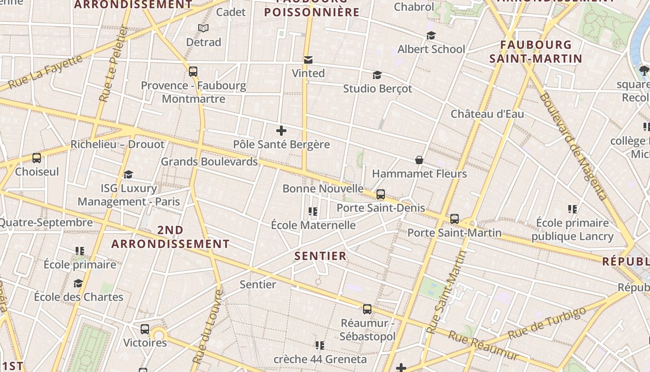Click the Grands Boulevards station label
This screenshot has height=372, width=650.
209,162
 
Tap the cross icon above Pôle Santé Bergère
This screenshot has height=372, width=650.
281,131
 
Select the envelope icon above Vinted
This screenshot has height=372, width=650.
308,60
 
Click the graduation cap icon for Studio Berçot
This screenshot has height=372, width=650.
377,75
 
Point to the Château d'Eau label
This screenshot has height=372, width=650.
487,114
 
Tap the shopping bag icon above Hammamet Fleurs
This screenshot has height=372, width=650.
419,160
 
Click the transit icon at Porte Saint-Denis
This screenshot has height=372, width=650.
381,194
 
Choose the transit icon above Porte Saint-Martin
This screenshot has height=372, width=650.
455,219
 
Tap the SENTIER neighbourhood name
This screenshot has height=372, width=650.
320,256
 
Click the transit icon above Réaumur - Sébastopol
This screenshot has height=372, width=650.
367,309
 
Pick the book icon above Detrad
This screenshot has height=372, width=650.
203,28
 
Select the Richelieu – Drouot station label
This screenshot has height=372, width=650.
117,144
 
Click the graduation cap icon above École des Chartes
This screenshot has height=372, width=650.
78,284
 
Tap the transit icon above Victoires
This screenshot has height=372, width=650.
145,329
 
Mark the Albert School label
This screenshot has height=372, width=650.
431,49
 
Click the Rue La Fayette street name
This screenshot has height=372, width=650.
45,72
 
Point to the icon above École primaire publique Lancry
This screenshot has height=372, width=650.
572,210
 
